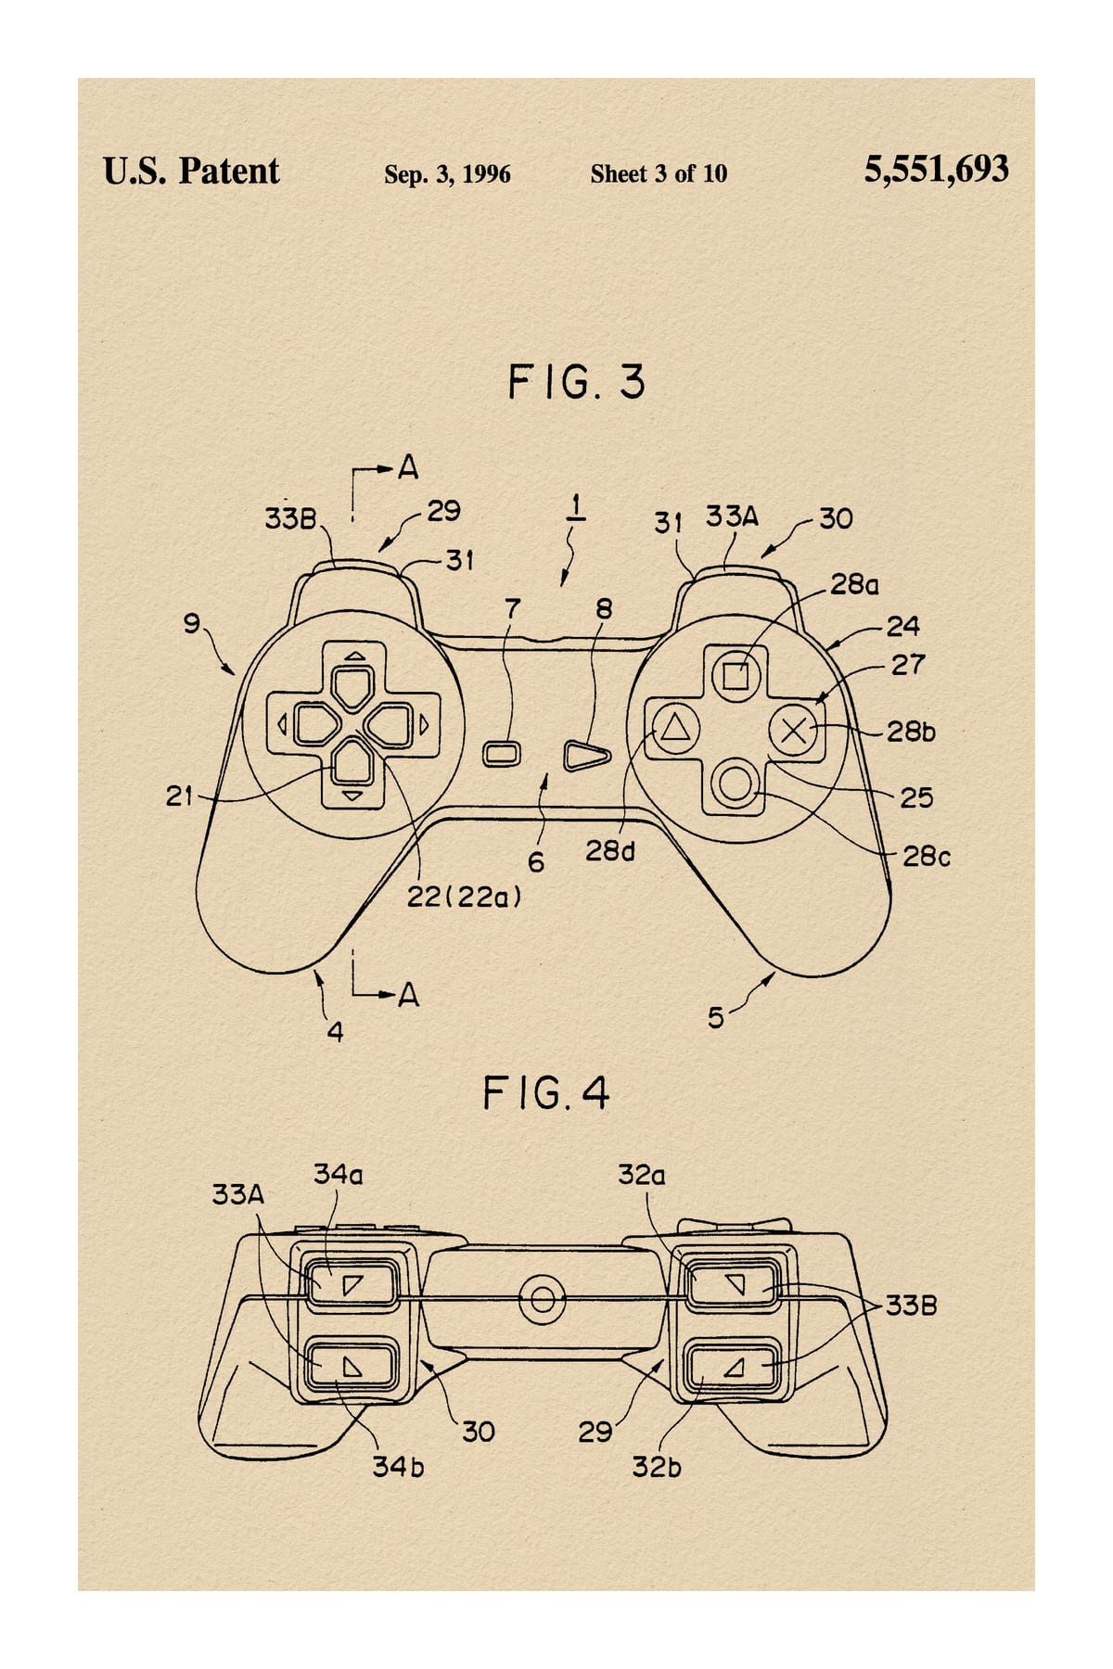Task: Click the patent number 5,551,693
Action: (936, 171)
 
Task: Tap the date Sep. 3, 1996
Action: (447, 174)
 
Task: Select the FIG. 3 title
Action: (576, 382)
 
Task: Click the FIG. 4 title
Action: (546, 1094)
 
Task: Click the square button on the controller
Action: (736, 675)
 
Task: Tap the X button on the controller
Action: (795, 731)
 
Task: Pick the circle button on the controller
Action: (736, 784)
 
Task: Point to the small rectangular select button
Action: (502, 753)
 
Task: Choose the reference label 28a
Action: (854, 585)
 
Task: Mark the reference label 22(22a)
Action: (465, 897)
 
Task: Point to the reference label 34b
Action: (398, 1467)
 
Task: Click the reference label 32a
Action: (642, 1175)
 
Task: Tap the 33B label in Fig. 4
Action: (911, 1306)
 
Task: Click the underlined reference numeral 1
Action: (575, 507)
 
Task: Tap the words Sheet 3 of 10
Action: (659, 173)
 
